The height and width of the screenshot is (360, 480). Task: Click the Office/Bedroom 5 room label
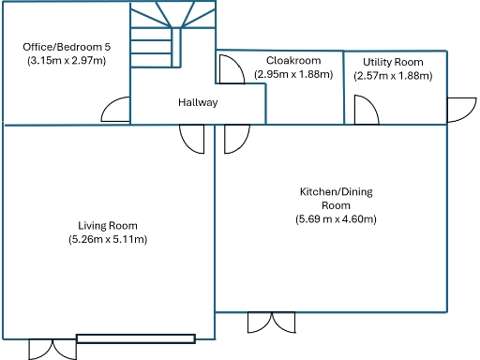[66, 45]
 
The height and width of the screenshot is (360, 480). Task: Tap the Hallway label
[198, 103]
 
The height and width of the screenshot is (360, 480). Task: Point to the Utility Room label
[394, 62]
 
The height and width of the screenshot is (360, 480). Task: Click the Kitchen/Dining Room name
[336, 198]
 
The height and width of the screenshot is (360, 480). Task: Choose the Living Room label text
[108, 225]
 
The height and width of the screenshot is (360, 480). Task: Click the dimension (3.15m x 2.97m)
[66, 60]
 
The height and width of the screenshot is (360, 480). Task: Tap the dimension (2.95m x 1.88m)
[293, 75]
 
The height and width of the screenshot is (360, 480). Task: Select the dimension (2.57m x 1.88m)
[394, 76]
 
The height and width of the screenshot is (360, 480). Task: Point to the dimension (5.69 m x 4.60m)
[336, 219]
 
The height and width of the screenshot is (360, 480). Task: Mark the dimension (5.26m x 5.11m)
[108, 240]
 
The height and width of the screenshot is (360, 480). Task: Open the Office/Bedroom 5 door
[116, 111]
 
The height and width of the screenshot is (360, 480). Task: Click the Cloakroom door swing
[230, 69]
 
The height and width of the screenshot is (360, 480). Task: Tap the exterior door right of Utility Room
[461, 109]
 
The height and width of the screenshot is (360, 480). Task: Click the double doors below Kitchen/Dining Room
[273, 322]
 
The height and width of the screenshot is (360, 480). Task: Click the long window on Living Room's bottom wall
[136, 338]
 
